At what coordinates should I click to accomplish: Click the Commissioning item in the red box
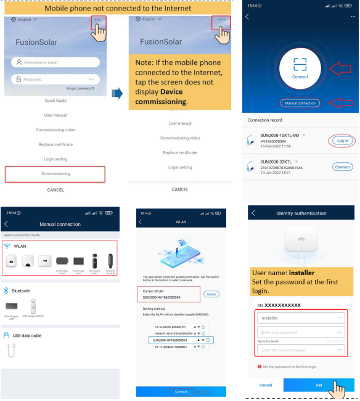(x=55, y=174)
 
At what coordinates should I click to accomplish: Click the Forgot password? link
(x=80, y=89)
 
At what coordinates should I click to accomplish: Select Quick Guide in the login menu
(x=55, y=101)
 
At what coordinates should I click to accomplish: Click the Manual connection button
(x=300, y=103)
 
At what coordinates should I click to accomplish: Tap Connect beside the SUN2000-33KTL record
(x=342, y=167)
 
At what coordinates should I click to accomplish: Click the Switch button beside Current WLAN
(x=211, y=294)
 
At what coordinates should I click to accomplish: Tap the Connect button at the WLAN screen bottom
(x=181, y=392)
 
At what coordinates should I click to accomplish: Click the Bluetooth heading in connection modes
(x=22, y=291)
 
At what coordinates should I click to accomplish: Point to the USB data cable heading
(x=28, y=336)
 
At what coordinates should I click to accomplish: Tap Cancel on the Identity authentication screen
(x=266, y=385)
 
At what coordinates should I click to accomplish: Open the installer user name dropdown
(x=300, y=318)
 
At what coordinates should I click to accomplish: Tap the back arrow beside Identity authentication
(x=253, y=213)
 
